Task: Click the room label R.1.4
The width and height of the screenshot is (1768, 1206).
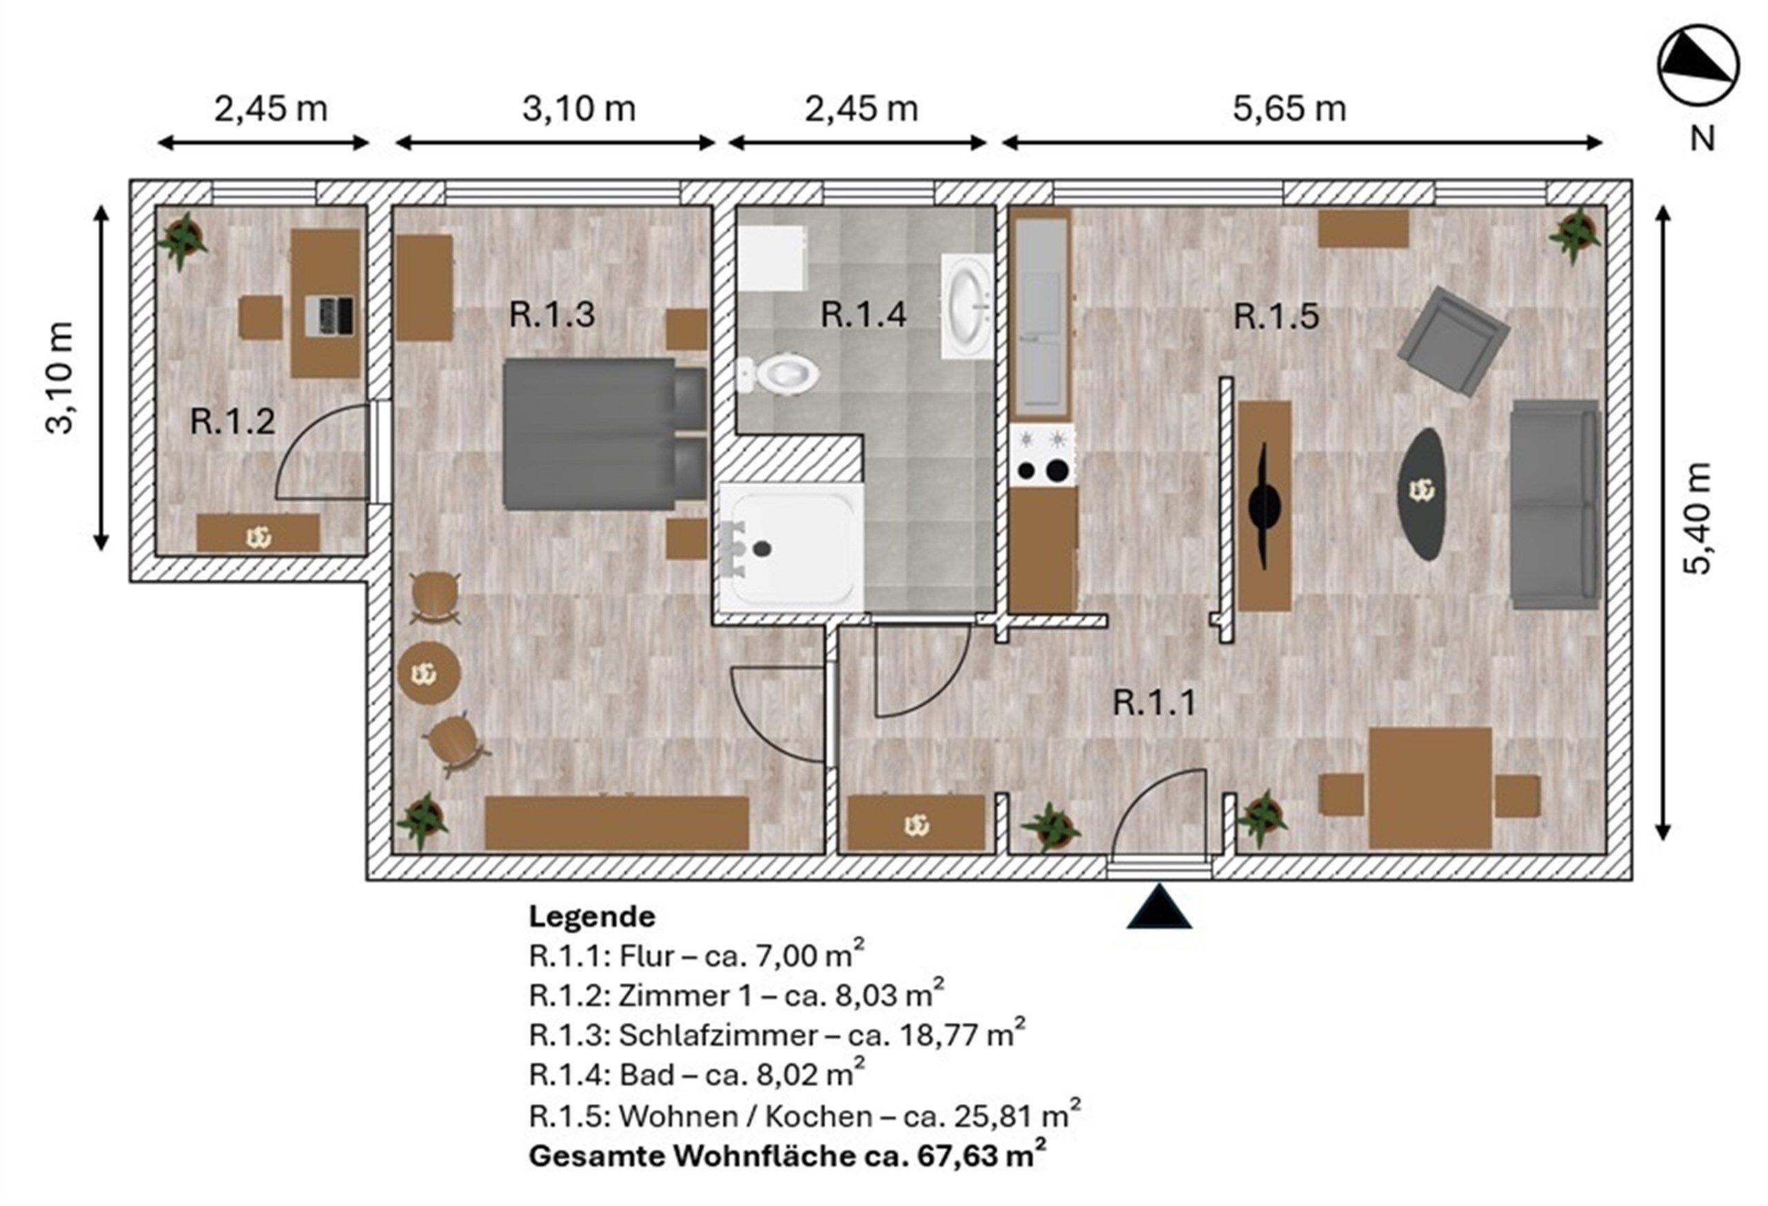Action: pos(863,315)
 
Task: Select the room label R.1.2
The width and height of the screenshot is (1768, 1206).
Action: pos(232,421)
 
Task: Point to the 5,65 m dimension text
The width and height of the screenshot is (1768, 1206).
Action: pos(1289,109)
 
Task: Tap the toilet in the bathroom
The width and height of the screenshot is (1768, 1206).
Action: pos(778,373)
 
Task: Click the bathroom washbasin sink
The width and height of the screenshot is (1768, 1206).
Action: pos(967,307)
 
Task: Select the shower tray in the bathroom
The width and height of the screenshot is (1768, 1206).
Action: pos(792,547)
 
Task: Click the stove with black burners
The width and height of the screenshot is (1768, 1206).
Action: pos(1043,456)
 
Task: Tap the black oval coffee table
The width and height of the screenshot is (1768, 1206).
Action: pos(1421,494)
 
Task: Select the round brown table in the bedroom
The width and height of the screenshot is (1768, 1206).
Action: pos(429,673)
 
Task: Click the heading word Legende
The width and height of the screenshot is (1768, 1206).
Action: pos(592,916)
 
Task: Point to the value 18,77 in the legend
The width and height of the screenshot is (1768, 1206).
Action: pos(937,1035)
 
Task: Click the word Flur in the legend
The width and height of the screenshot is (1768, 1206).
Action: pos(646,956)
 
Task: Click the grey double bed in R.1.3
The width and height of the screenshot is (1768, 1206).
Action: pos(606,433)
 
